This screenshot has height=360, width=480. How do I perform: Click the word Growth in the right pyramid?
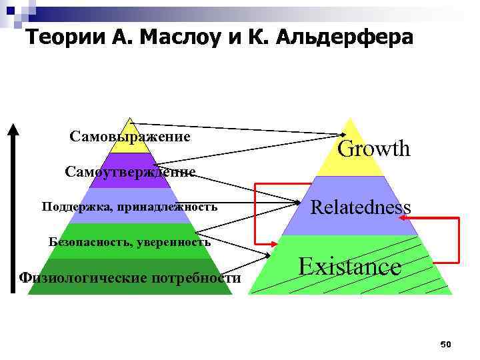374,149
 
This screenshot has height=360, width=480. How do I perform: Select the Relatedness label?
361,207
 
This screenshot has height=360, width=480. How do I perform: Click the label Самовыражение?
130,137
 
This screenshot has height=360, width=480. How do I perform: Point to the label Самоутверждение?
130,172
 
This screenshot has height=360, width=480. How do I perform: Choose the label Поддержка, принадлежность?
129,206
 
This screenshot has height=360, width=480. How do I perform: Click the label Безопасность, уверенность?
130,241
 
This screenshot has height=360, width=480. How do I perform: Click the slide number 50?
446,344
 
